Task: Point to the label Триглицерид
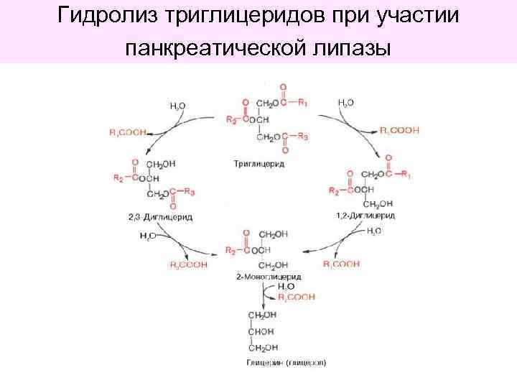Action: [x=259, y=165]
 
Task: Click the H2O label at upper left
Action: [x=177, y=106]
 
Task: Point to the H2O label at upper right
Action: [x=345, y=103]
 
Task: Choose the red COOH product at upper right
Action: [x=399, y=130]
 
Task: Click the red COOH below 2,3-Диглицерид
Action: [x=188, y=264]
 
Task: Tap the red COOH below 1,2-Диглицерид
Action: [x=341, y=264]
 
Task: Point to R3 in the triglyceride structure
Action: [x=303, y=137]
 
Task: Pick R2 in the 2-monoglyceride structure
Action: [x=230, y=250]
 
